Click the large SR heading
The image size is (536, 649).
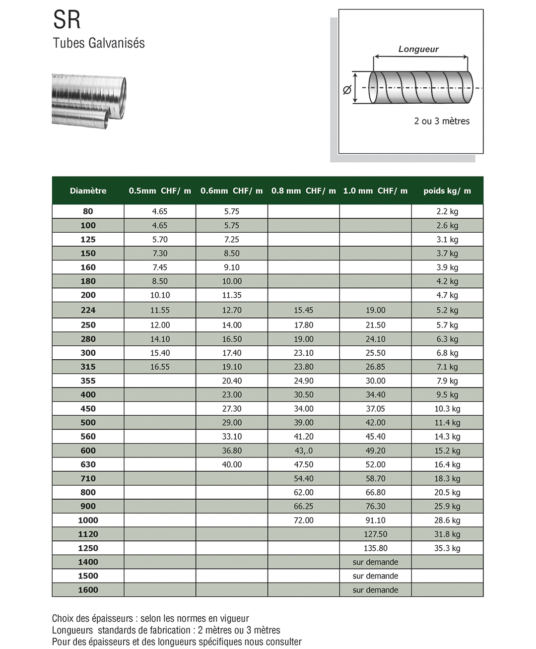click(x=67, y=20)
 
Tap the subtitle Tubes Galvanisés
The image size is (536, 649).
click(x=99, y=43)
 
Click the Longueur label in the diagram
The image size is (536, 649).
click(x=418, y=49)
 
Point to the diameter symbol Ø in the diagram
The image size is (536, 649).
click(x=347, y=89)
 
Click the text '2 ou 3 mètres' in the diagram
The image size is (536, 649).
click(x=442, y=121)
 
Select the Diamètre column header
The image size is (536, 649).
click(x=88, y=191)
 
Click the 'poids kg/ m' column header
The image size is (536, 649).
click(x=447, y=191)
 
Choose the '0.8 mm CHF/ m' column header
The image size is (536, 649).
click(x=303, y=191)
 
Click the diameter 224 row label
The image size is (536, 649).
click(x=88, y=310)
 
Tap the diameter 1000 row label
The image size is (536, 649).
click(x=88, y=520)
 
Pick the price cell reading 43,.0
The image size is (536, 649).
click(x=303, y=451)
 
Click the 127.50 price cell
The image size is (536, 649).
click(x=375, y=534)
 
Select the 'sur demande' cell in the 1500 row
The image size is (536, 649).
click(x=375, y=576)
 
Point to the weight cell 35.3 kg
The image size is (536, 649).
click(x=447, y=548)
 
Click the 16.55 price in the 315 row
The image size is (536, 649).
click(x=160, y=367)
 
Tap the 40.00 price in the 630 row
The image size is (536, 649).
click(x=232, y=464)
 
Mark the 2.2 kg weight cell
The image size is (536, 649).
click(x=447, y=211)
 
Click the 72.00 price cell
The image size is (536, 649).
click(x=303, y=520)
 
